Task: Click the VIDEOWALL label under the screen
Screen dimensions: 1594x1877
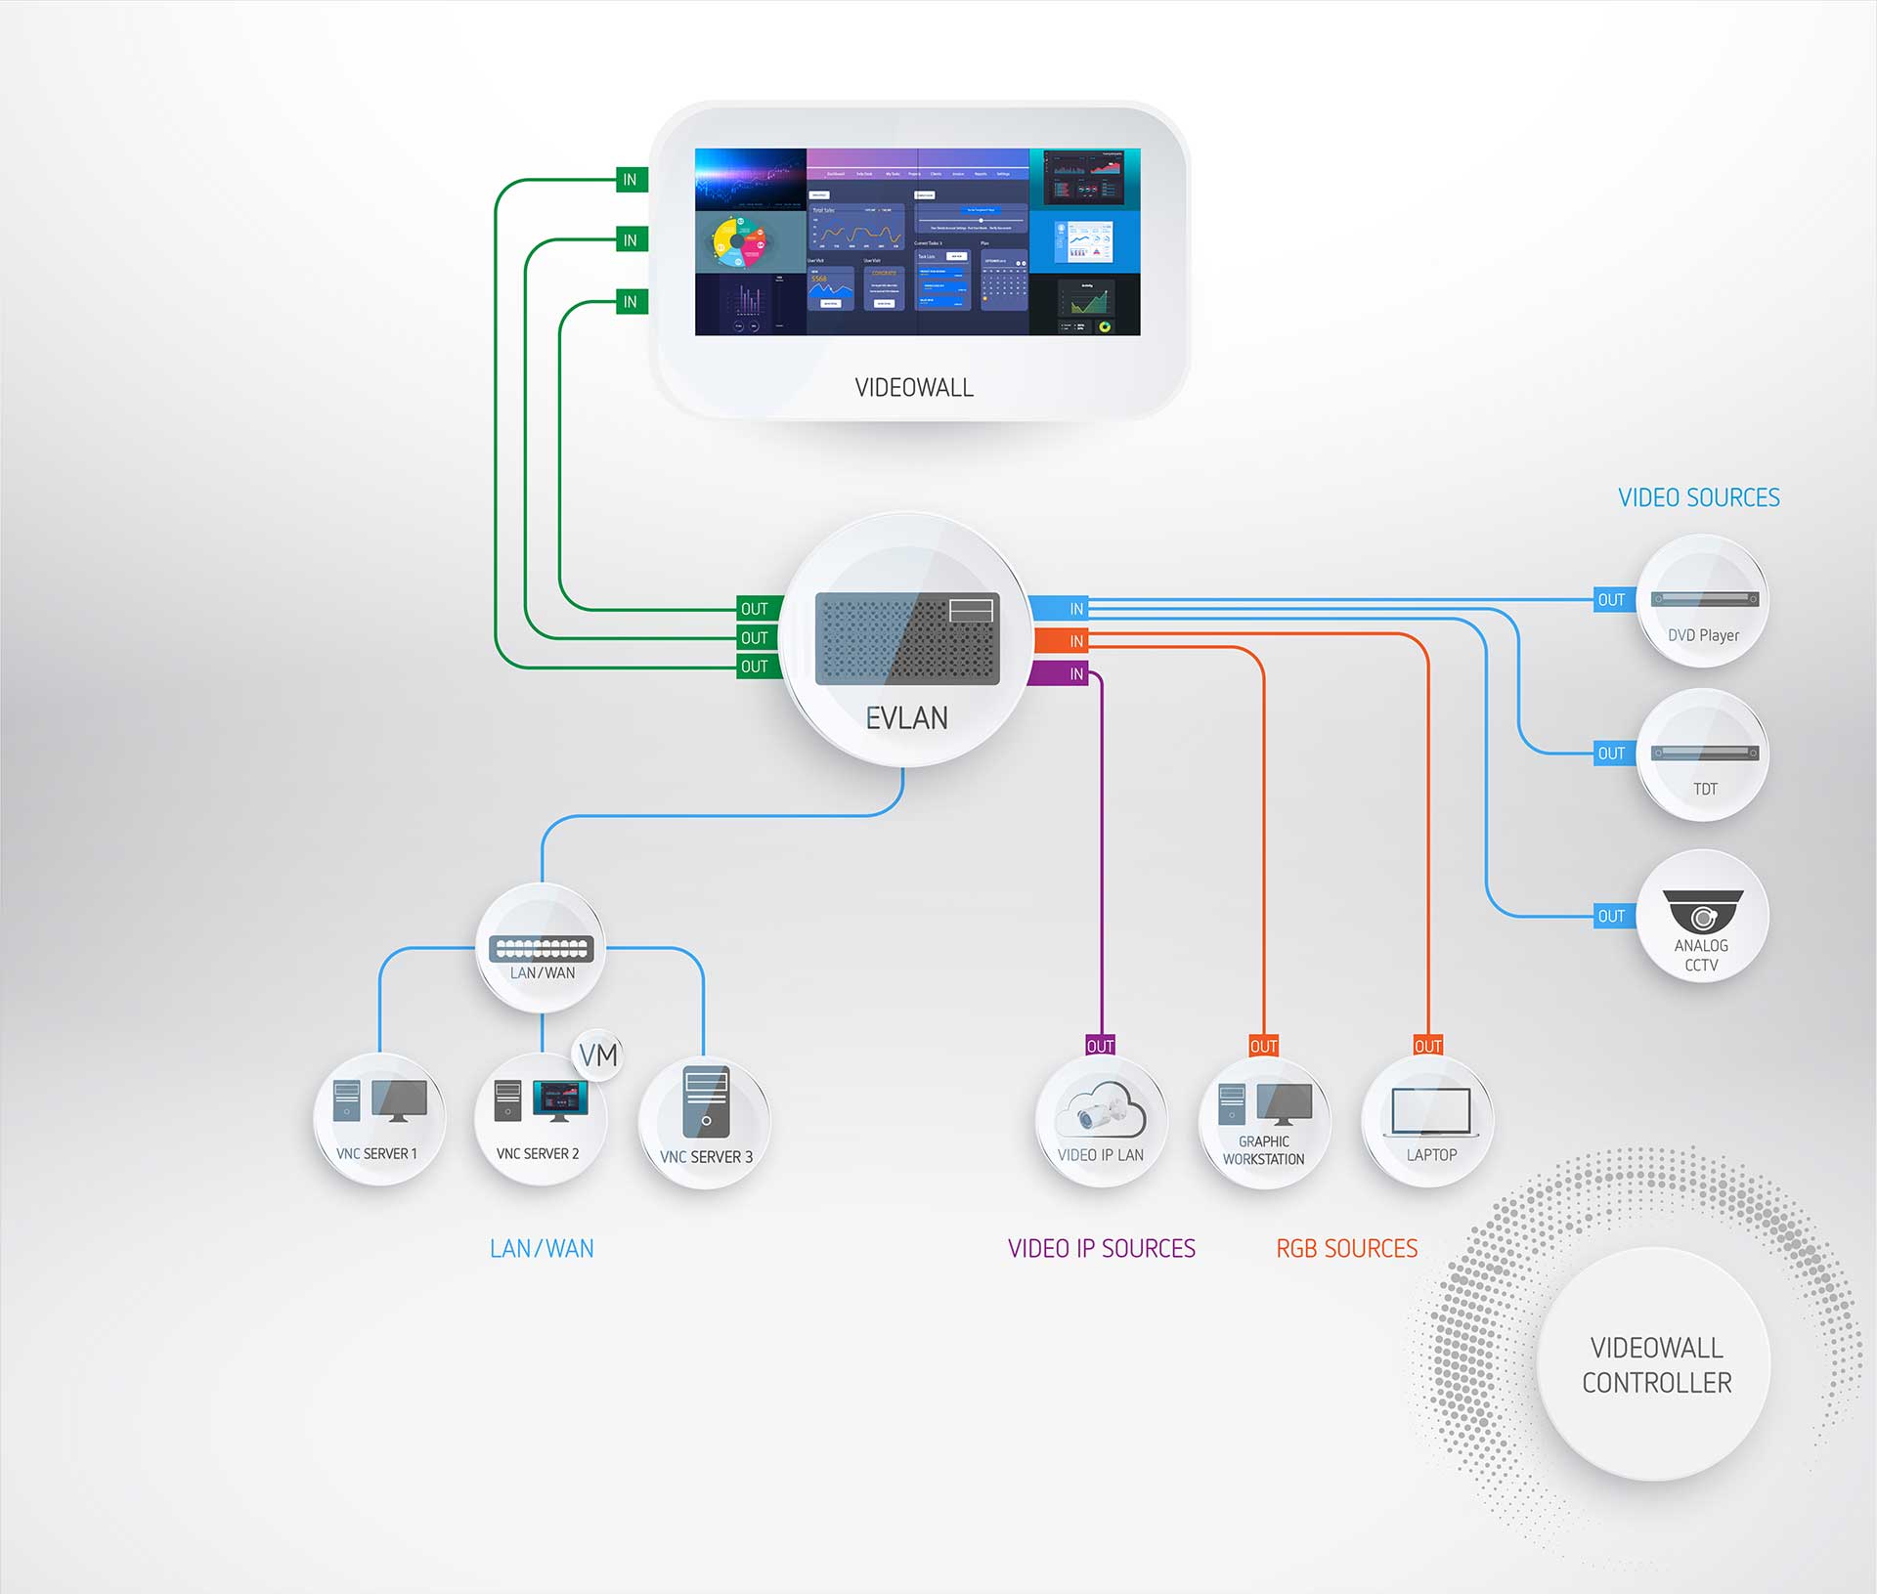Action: click(x=914, y=388)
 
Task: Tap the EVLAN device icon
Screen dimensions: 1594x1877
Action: click(x=907, y=638)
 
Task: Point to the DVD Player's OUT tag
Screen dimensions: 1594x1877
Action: click(x=1611, y=600)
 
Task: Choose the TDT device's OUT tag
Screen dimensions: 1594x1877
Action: click(x=1611, y=754)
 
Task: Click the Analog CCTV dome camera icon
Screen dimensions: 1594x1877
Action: click(x=1703, y=912)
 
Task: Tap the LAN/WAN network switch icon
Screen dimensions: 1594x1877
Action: click(x=541, y=948)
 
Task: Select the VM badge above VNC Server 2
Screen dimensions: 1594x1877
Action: click(x=598, y=1055)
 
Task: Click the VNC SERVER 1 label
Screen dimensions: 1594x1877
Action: click(x=376, y=1154)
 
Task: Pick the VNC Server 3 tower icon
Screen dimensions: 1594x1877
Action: click(x=706, y=1102)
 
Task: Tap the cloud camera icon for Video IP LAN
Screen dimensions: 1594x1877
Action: click(x=1101, y=1109)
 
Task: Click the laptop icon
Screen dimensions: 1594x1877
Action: click(x=1430, y=1112)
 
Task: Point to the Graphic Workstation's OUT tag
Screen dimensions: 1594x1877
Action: click(x=1263, y=1046)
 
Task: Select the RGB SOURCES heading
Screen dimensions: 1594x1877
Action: click(x=1346, y=1249)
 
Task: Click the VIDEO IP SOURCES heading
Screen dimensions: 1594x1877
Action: click(x=1101, y=1249)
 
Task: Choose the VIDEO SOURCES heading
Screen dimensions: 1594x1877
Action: click(x=1698, y=498)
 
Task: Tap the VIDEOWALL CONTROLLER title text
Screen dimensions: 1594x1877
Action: click(x=1656, y=1365)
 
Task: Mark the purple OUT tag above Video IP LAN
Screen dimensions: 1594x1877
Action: click(x=1100, y=1046)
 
